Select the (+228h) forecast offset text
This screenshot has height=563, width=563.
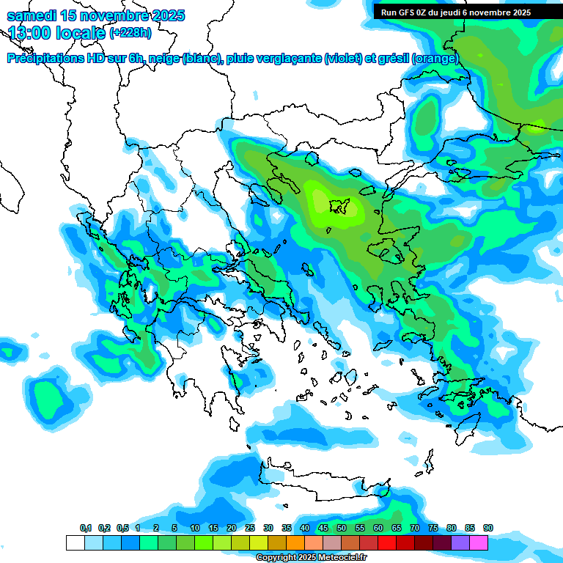point(132,33)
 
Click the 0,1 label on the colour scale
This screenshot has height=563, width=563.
point(85,529)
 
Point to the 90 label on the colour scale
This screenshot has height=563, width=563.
point(488,529)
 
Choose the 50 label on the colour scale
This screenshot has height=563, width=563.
point(342,529)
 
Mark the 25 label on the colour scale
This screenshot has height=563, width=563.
point(250,529)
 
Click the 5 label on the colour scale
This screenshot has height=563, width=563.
point(174,529)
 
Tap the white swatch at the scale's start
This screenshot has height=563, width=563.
point(75,542)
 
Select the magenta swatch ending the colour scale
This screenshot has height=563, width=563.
point(479,542)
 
